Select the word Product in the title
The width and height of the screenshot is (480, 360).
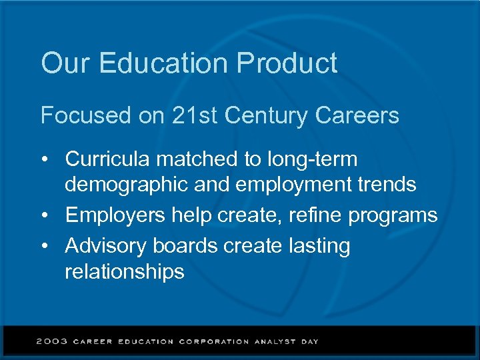(287, 64)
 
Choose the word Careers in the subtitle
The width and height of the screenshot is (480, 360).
(357, 115)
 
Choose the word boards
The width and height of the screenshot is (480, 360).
(185, 245)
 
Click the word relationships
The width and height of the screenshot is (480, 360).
(124, 272)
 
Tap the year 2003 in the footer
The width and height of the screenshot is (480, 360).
(52, 341)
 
